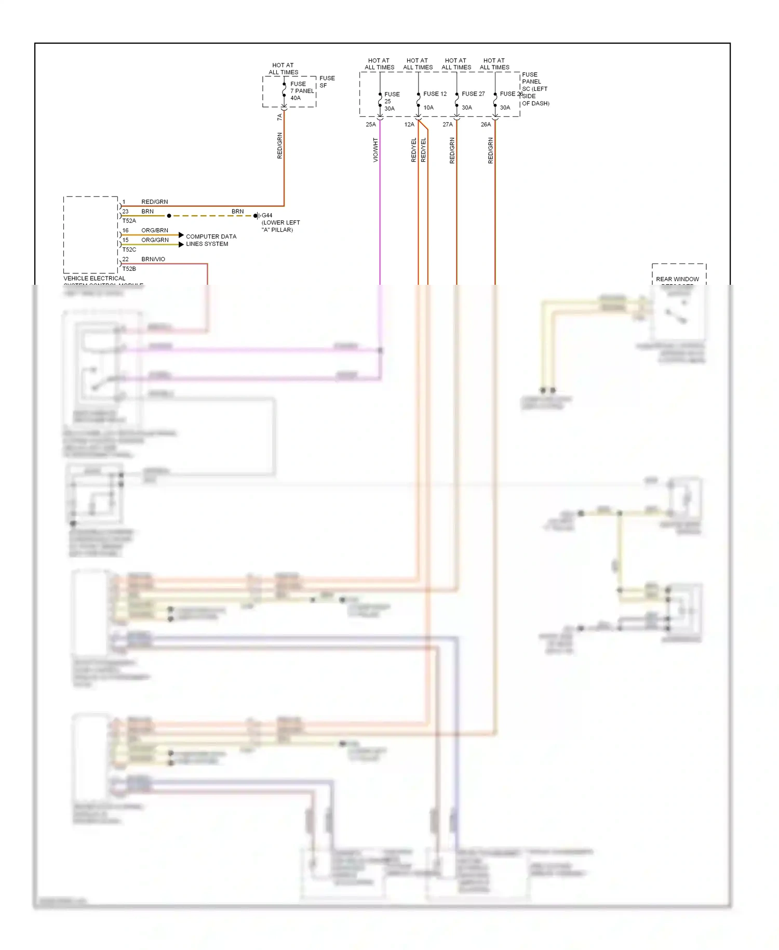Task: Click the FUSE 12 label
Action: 435,94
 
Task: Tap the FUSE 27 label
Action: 473,94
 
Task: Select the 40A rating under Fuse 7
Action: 296,98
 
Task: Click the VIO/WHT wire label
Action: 375,150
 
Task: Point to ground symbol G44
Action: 257,216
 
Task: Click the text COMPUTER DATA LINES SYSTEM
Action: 211,240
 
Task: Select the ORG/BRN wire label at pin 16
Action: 155,230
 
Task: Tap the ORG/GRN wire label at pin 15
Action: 155,240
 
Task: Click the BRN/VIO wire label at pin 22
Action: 153,259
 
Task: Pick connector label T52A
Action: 129,221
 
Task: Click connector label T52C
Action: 129,249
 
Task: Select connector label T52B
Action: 129,269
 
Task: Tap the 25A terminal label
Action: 371,125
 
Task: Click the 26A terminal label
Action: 486,125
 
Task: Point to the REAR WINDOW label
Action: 677,279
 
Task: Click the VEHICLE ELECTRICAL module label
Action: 95,279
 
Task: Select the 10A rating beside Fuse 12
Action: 428,108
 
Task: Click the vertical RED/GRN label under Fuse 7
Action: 280,146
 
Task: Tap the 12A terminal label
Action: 409,125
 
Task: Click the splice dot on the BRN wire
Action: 169,216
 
